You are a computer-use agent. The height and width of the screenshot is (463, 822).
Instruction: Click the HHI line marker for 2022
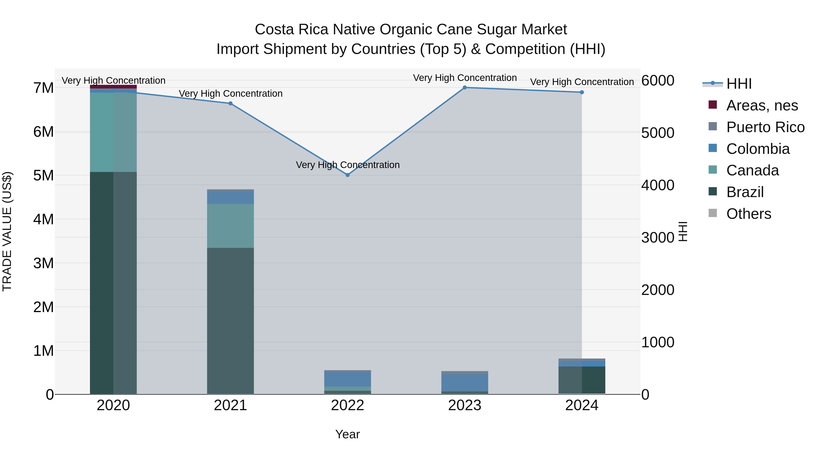click(348, 175)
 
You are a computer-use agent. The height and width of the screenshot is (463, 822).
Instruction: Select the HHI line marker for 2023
click(465, 88)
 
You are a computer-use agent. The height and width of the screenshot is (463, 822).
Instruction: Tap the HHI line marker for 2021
click(230, 103)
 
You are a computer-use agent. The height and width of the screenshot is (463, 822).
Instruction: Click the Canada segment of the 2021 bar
click(230, 226)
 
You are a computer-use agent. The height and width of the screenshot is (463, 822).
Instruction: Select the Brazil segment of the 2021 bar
click(230, 321)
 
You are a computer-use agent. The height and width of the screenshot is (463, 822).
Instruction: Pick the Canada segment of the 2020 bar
click(113, 132)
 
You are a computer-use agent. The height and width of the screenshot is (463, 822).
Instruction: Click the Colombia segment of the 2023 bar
click(465, 382)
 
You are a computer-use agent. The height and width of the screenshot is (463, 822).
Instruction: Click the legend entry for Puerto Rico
click(765, 127)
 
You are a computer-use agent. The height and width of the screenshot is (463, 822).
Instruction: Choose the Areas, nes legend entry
click(762, 105)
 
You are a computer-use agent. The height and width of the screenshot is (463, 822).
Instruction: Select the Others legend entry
click(749, 214)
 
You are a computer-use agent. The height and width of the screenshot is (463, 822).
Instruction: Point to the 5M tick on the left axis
click(43, 175)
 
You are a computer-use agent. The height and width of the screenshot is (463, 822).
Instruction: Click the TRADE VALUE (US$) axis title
click(7, 231)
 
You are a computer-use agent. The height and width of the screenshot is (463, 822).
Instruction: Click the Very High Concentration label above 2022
click(348, 165)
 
